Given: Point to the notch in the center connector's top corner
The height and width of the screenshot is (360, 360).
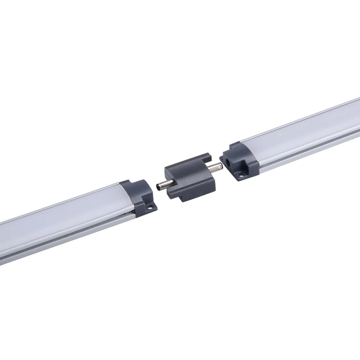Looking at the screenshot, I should click(205, 156).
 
